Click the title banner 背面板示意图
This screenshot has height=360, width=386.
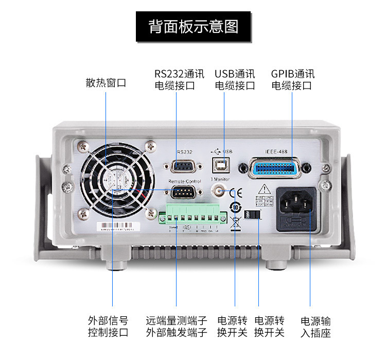point(194,27)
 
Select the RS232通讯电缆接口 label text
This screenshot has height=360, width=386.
point(176,80)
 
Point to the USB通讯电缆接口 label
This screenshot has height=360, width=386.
point(234,80)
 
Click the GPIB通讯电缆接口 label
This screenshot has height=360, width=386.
point(292,80)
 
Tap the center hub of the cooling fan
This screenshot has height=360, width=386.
point(117,180)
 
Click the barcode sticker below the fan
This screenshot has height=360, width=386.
point(120,227)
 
